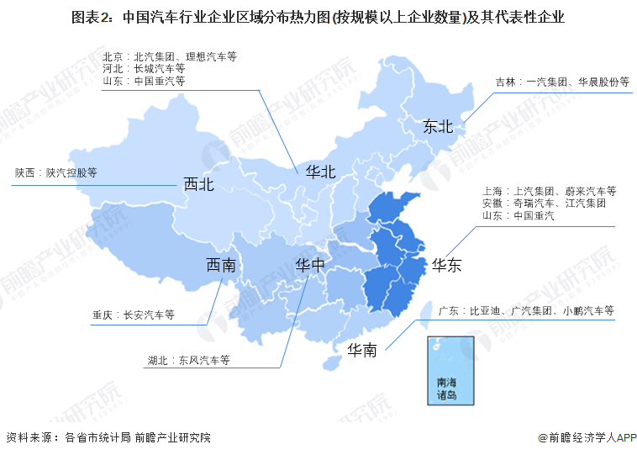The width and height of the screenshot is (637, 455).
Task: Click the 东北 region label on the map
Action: click(438, 127)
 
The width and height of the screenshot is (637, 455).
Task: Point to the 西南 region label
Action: click(221, 266)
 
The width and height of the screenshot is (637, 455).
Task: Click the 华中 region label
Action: click(309, 266)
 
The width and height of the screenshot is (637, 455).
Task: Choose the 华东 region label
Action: click(446, 266)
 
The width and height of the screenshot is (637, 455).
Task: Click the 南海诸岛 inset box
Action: click(445, 370)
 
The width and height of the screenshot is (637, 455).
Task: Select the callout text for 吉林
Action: click(561, 82)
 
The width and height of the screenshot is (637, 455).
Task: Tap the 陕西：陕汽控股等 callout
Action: click(55, 172)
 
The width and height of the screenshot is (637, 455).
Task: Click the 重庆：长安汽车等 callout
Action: click(133, 315)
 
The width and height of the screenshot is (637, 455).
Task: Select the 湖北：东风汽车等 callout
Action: click(188, 360)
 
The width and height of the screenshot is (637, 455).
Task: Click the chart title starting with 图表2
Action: click(318, 16)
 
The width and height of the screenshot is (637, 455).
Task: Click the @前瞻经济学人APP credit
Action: click(587, 437)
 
